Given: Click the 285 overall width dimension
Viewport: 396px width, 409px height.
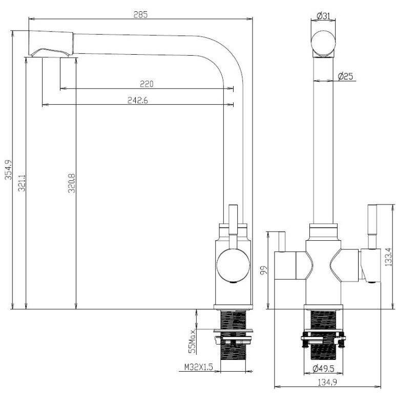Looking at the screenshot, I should (141, 14).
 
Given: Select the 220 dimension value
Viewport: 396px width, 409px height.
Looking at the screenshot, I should (146, 83).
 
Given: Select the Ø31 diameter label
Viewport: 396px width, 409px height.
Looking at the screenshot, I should (323, 16).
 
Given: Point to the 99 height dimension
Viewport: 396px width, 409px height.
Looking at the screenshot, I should (264, 270).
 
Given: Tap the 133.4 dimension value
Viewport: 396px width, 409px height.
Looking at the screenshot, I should (388, 257).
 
